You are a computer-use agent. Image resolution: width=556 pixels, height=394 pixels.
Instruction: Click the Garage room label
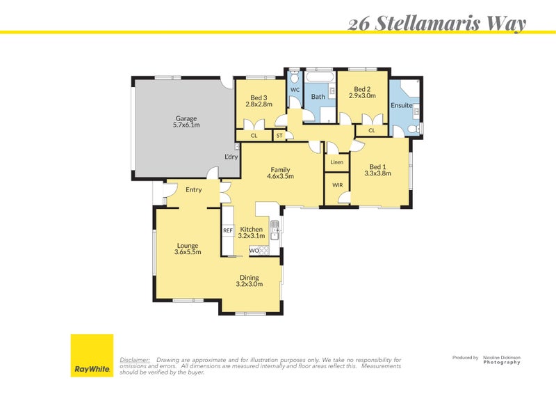(x=186, y=118)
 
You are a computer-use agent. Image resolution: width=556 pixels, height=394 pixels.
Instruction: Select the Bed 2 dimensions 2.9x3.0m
(x=362, y=96)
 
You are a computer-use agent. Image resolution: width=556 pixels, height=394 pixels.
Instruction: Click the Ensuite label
(x=401, y=106)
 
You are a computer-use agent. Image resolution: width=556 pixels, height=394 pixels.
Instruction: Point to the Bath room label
(x=318, y=97)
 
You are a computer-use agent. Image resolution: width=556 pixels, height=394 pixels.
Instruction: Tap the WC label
(x=295, y=90)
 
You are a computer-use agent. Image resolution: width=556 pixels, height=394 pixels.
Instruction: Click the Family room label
(x=281, y=170)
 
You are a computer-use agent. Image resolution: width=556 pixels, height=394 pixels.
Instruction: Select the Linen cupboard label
(x=337, y=162)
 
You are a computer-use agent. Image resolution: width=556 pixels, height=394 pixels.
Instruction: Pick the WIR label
(x=337, y=185)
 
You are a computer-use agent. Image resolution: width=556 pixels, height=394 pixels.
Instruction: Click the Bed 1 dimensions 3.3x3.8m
(x=377, y=173)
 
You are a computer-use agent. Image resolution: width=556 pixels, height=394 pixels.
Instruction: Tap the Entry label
(x=193, y=189)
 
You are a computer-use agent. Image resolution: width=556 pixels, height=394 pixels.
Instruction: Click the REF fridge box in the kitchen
(x=227, y=230)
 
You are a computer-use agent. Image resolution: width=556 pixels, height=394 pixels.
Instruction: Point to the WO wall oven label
(x=254, y=250)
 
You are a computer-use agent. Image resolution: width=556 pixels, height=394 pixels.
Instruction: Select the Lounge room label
(x=188, y=245)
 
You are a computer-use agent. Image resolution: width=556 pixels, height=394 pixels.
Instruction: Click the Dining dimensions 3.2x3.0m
(x=250, y=284)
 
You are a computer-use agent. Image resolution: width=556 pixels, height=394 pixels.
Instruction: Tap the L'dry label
(x=231, y=157)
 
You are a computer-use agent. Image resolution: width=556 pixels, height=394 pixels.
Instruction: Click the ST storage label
(x=279, y=136)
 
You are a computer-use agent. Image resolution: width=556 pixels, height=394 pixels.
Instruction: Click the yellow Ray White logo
(x=92, y=356)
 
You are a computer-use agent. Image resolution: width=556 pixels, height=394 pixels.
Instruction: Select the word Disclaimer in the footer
(x=135, y=359)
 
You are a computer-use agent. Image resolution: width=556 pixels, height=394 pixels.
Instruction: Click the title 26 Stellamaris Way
(x=436, y=23)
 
